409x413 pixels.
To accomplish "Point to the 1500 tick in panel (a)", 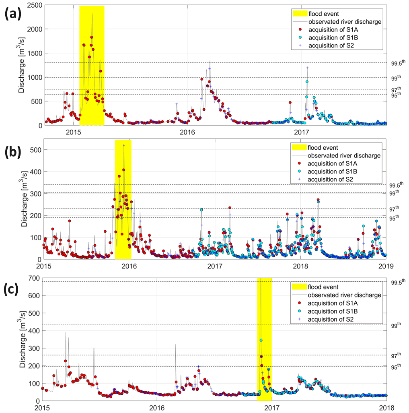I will click(31, 54).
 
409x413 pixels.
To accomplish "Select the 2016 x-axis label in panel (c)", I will click(157, 407).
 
